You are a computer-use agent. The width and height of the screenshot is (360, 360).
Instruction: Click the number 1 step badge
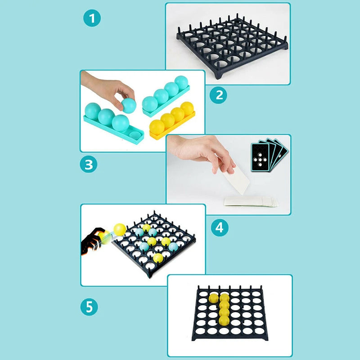pyautogui.click(x=92, y=19)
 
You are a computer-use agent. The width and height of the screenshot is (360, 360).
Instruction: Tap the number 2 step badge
pyautogui.click(x=219, y=95)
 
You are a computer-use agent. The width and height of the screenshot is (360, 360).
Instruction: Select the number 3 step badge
pyautogui.click(x=89, y=164)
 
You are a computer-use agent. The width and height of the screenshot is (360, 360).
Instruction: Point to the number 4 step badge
pyautogui.click(x=219, y=227)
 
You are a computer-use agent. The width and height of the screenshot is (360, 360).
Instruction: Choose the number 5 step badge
pyautogui.click(x=89, y=307)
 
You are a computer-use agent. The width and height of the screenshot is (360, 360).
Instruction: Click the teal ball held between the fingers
pyautogui.click(x=128, y=105)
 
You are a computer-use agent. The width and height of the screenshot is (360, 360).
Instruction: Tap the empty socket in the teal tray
pyautogui.click(x=134, y=134)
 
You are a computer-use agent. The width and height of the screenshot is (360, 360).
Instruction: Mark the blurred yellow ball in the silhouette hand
pyautogui.click(x=104, y=238)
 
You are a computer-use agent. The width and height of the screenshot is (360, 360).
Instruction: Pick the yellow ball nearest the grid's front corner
pyautogui.click(x=158, y=258)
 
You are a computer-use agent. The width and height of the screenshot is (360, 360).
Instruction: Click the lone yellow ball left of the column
pyautogui.click(x=213, y=298)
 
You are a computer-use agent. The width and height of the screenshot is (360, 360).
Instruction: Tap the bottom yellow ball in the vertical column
pyautogui.click(x=224, y=320)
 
